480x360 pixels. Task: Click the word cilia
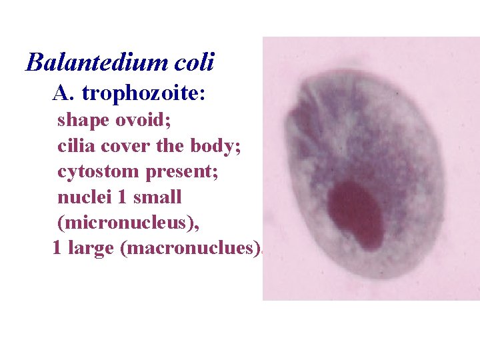(75, 146)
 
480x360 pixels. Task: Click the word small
(157, 197)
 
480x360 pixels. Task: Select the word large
(91, 248)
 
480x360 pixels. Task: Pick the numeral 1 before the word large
(57, 248)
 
